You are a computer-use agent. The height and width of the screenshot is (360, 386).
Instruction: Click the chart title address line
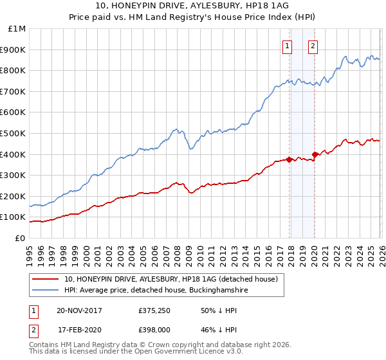[193, 6]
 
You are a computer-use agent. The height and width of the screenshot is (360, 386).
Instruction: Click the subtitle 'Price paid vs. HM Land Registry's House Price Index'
[193, 18]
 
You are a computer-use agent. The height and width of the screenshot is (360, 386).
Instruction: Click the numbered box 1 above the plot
[287, 46]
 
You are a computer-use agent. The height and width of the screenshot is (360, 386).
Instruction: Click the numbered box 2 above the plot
[313, 46]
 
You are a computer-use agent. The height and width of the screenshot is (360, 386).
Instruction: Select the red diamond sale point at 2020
[315, 154]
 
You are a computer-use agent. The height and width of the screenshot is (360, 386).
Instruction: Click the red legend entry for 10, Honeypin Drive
[170, 280]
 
